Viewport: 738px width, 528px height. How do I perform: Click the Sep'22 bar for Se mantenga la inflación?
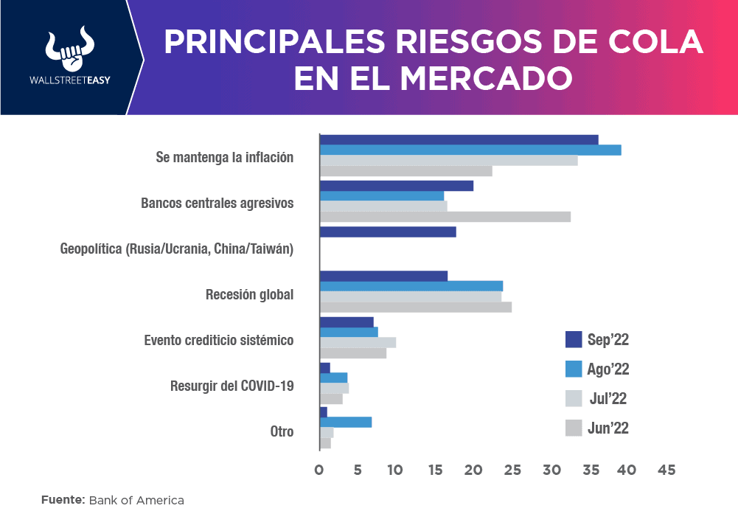point(459,139)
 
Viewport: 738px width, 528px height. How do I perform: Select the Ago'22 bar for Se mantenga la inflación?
point(470,150)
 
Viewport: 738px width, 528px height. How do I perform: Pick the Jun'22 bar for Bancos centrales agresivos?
point(445,217)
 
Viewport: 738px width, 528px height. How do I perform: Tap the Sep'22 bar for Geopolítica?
point(388,232)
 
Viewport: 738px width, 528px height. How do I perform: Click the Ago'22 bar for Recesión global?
point(411,285)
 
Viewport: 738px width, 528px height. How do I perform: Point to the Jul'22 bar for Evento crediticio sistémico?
point(358,342)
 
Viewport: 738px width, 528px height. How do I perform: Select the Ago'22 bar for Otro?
point(346,422)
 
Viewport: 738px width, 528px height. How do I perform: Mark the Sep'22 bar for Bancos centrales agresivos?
point(397,185)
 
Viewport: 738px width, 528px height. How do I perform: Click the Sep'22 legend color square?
point(574,339)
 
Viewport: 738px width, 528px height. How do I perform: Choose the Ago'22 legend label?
point(608,369)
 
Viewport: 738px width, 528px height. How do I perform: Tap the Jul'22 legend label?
point(608,398)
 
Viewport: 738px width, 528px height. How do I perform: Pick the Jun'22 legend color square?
point(574,428)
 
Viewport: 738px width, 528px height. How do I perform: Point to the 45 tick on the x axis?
point(666,470)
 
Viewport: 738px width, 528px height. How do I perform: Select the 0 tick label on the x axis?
point(319,470)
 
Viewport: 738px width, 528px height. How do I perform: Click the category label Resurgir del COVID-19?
point(232,386)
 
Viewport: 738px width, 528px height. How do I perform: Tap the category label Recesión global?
point(249,295)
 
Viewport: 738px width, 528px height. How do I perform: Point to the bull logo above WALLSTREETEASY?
point(66,49)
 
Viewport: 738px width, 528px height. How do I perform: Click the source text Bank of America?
point(136,500)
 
